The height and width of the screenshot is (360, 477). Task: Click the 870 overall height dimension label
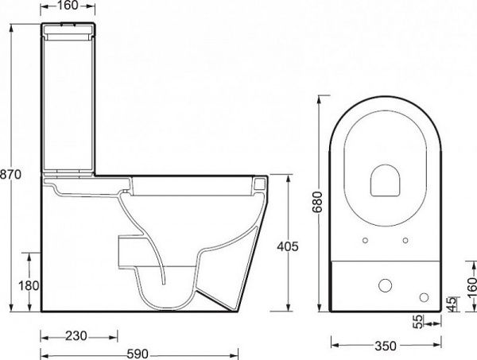10,175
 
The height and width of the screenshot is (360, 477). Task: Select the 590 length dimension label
138,354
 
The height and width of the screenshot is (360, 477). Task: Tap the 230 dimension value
76,336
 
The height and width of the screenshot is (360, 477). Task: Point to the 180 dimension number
29,286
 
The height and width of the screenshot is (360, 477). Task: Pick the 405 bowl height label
288,246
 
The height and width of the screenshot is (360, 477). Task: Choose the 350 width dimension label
386,346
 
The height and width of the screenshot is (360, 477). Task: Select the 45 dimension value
453,304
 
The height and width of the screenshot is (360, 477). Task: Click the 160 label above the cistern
68,6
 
